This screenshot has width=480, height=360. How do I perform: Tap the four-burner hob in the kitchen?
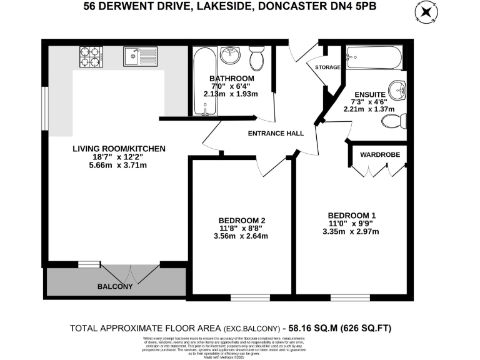[90, 57]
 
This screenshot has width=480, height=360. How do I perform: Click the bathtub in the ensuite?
[372, 57]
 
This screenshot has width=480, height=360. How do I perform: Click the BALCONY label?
[114, 287]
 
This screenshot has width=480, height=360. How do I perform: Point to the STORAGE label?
[327, 67]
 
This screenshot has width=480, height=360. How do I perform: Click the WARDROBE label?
[379, 154]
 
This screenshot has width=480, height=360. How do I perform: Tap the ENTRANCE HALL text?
[276, 133]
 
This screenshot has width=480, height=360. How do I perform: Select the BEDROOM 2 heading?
[242, 220]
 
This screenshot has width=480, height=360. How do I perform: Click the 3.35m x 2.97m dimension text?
[351, 232]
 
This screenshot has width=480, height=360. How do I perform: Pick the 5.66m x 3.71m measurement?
[118, 165]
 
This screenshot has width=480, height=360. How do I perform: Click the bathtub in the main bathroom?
[205, 81]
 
